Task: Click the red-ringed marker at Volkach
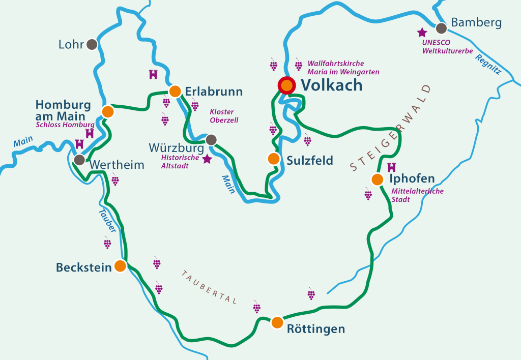pos(287,85)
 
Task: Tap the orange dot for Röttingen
pos(277,322)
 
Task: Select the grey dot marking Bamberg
pos(441,28)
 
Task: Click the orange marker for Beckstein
pos(120,266)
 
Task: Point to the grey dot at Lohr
pos(92,44)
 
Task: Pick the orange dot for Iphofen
pos(377,179)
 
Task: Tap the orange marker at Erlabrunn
pos(175,91)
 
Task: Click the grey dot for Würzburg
pos(211,139)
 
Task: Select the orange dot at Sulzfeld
pos(274,159)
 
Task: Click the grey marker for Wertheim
pos(79,161)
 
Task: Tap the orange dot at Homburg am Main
pos(107,111)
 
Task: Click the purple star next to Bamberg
pos(422,33)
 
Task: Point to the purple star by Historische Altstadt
pos(207,159)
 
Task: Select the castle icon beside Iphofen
pos(391,167)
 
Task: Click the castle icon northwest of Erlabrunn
pos(152,74)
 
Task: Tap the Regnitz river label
pos(488,65)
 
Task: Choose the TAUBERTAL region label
pos(209,287)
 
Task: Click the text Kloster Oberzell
pos(223,115)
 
